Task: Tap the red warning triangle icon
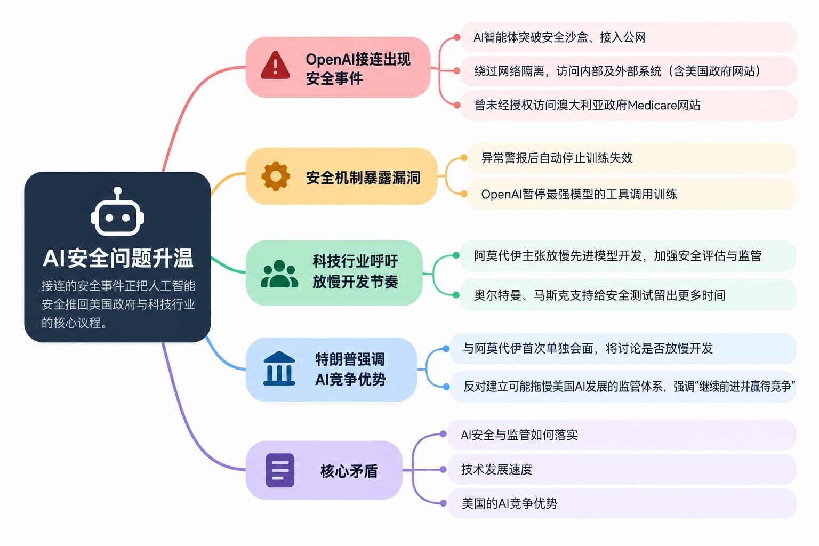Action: click(x=275, y=66)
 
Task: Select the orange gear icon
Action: click(x=276, y=176)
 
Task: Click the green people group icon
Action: click(x=279, y=274)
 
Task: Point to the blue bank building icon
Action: click(x=279, y=368)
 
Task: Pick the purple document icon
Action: click(x=280, y=470)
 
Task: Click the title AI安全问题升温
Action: click(x=118, y=258)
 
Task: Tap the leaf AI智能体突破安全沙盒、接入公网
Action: click(x=559, y=37)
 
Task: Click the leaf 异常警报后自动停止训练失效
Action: click(x=557, y=158)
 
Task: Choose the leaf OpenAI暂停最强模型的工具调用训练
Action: click(x=579, y=194)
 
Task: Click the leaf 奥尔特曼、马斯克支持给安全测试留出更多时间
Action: click(x=600, y=295)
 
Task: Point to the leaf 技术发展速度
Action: click(x=496, y=469)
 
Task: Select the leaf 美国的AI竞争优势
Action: click(x=509, y=503)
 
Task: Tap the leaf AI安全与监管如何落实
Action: click(x=519, y=435)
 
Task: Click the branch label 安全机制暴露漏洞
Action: click(x=363, y=178)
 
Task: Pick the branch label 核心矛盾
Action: click(x=349, y=471)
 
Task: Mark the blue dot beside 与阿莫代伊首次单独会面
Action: click(x=446, y=349)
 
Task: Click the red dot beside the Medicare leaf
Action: click(x=457, y=106)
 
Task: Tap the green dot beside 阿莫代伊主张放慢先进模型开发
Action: click(x=456, y=255)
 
